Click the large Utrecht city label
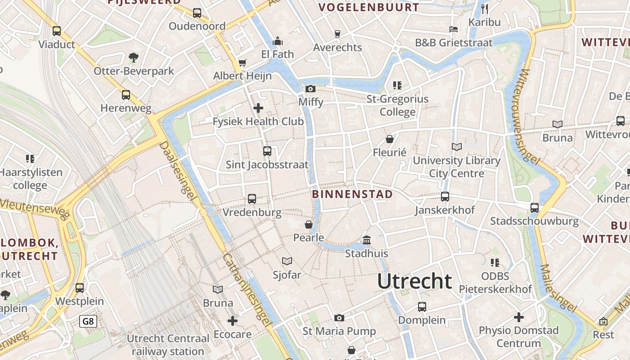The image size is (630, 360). click(x=414, y=281)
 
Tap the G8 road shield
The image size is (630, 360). click(x=88, y=321)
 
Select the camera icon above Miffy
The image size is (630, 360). click(x=310, y=89)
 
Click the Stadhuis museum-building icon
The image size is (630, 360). click(x=367, y=240)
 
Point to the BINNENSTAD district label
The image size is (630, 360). click(x=352, y=194)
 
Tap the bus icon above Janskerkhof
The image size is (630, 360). click(x=445, y=197)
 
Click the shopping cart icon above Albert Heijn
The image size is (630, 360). click(x=243, y=63)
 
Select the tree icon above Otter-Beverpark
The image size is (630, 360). click(x=133, y=57)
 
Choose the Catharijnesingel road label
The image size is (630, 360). click(x=247, y=290)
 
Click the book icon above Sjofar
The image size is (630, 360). click(x=287, y=261)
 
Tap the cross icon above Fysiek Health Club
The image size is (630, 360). click(x=258, y=108)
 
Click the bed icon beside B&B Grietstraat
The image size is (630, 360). click(x=454, y=29)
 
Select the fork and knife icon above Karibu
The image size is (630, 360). click(x=485, y=9)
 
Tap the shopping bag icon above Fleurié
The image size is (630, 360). click(x=390, y=139)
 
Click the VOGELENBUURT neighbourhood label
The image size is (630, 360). click(x=369, y=8)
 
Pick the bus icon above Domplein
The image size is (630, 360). click(x=422, y=307)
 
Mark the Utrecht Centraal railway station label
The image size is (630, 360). click(x=168, y=345)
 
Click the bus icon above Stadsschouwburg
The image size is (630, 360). click(x=535, y=208)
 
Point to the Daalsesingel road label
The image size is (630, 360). click(x=179, y=175)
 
